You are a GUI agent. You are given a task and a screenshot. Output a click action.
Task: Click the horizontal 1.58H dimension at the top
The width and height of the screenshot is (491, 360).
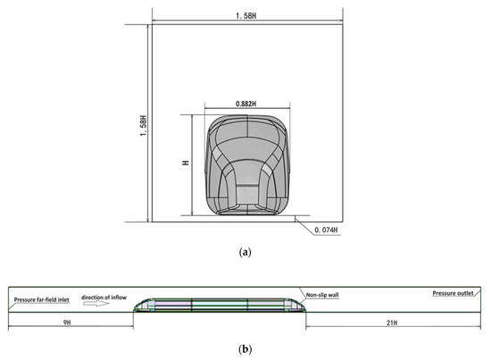click(245, 16)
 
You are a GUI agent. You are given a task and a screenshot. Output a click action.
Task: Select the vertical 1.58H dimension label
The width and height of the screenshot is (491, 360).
click(143, 126)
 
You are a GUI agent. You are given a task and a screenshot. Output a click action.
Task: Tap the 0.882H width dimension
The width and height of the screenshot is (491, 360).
click(245, 104)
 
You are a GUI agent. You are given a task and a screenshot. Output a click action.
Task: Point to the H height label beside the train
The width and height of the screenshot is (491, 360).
click(186, 163)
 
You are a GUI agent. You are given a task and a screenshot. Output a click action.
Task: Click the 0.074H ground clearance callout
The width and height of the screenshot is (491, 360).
click(326, 230)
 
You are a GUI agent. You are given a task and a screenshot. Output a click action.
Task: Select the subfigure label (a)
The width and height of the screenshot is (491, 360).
click(245, 252)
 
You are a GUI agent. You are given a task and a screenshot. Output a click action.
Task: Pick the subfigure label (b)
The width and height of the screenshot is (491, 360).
click(245, 348)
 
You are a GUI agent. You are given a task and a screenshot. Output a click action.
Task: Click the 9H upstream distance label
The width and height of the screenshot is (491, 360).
click(67, 322)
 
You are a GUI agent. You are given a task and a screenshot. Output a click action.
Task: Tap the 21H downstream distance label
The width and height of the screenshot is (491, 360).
click(392, 322)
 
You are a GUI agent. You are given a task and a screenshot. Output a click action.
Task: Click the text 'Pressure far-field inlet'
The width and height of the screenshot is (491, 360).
click(41, 300)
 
